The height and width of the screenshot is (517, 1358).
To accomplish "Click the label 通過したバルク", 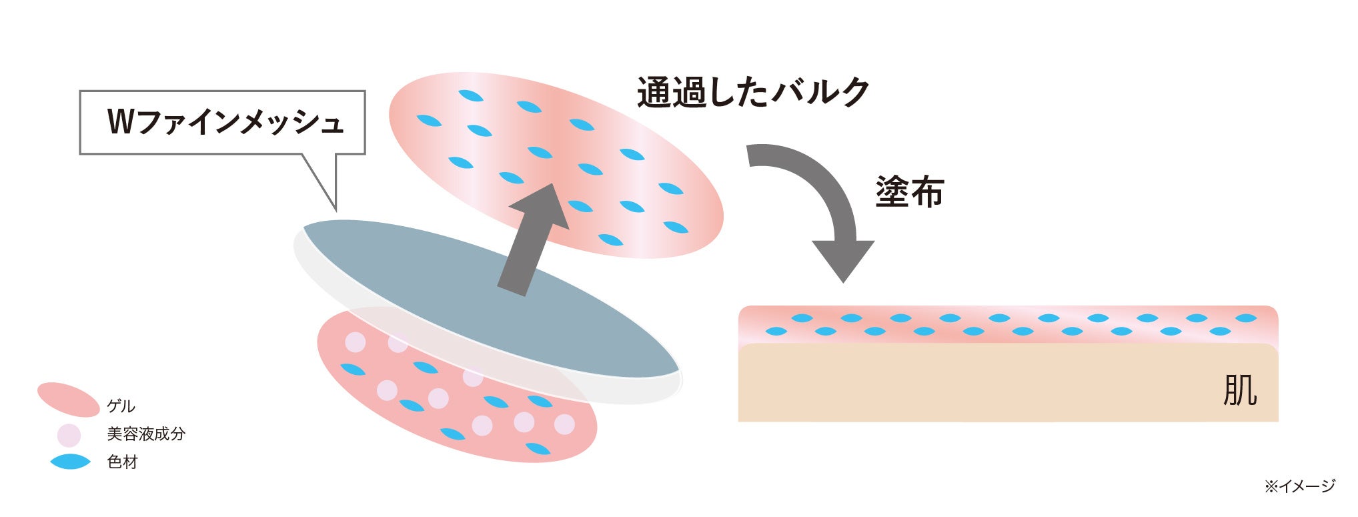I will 752,92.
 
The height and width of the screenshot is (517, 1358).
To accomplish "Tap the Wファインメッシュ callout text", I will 225,123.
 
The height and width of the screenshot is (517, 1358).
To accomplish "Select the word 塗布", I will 909,192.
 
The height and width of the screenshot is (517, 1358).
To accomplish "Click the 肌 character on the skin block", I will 1239,390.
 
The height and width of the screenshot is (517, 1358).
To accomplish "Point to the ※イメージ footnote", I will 1299,486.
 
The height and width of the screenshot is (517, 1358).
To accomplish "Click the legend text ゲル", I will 121,406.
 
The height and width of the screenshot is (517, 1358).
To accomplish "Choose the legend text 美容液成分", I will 145,434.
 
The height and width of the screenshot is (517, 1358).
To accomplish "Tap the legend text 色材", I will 122,462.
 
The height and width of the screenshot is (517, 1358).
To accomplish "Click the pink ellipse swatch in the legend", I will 68,400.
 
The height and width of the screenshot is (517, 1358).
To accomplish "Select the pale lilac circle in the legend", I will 69,435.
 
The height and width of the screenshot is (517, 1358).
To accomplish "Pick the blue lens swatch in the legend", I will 70,462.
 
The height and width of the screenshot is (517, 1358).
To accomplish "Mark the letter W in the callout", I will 121,123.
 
